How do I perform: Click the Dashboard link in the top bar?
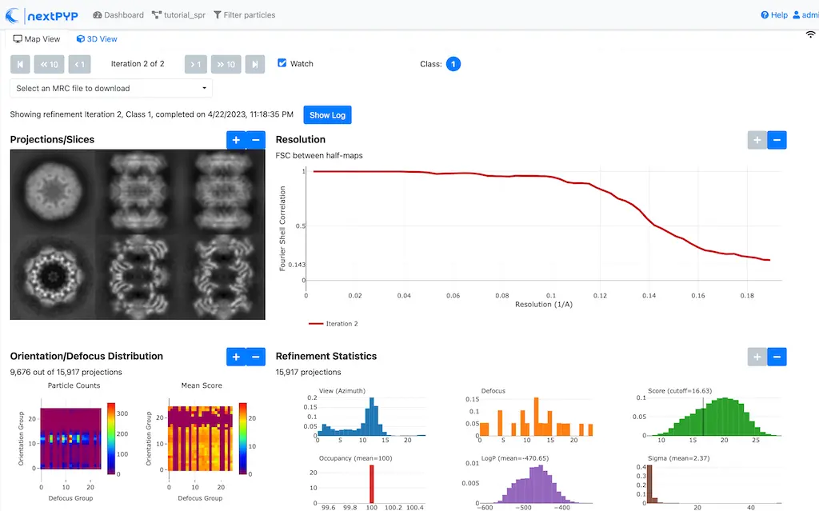118,15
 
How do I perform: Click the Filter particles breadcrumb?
244,15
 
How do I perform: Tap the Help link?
774,15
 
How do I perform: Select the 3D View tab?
97,39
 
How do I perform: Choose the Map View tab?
37,39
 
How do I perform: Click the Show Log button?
327,115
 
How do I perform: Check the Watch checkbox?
282,64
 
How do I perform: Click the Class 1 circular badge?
453,64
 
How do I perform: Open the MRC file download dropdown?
111,88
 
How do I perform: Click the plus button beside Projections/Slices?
236,140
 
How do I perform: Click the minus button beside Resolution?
777,140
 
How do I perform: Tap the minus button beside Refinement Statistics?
777,357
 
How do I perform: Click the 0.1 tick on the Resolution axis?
551,295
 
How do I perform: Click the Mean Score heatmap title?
202,385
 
